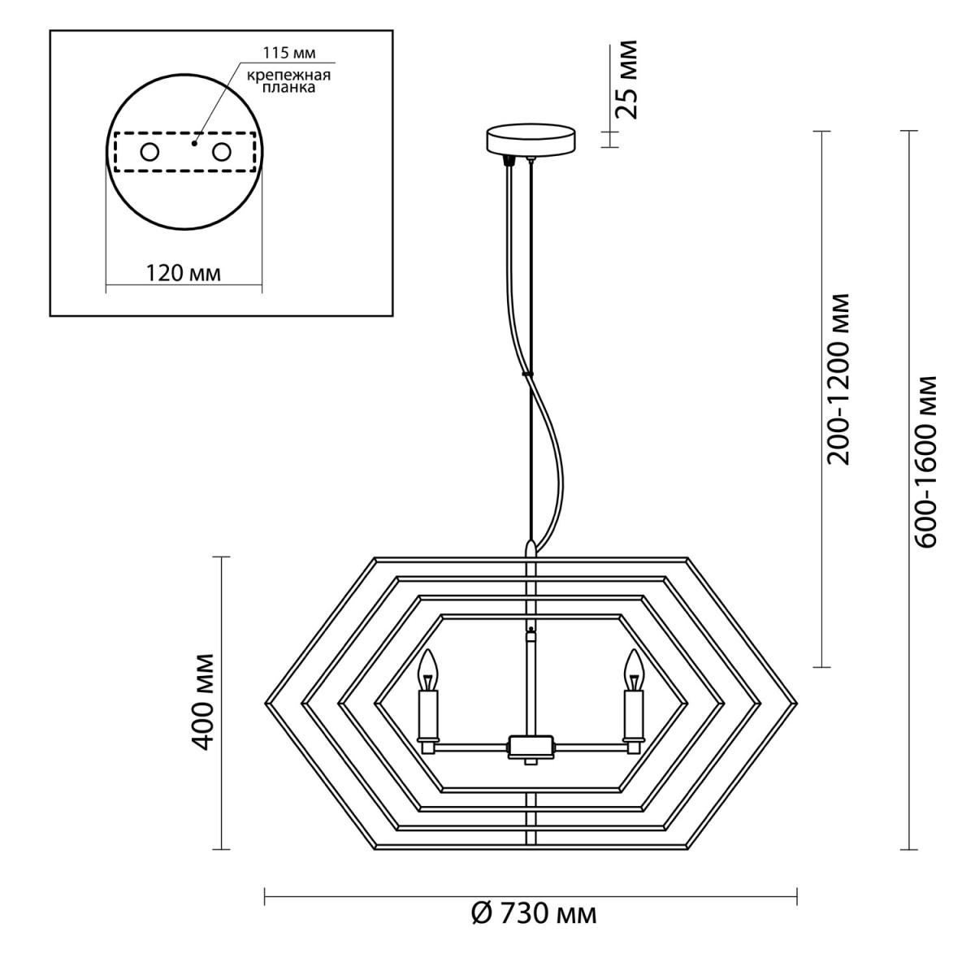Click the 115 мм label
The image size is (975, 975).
click(289, 53)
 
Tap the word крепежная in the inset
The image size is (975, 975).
click(289, 76)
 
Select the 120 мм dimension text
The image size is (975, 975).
click(184, 273)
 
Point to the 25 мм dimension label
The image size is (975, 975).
click(626, 80)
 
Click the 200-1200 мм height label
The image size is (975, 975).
click(838, 379)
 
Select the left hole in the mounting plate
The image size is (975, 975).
click(149, 152)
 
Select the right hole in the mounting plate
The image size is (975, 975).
click(222, 152)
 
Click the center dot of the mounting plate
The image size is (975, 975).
click(194, 144)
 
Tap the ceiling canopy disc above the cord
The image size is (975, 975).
click(531, 139)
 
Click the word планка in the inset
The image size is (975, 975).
click(288, 88)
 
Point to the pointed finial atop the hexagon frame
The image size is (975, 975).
click(531, 549)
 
